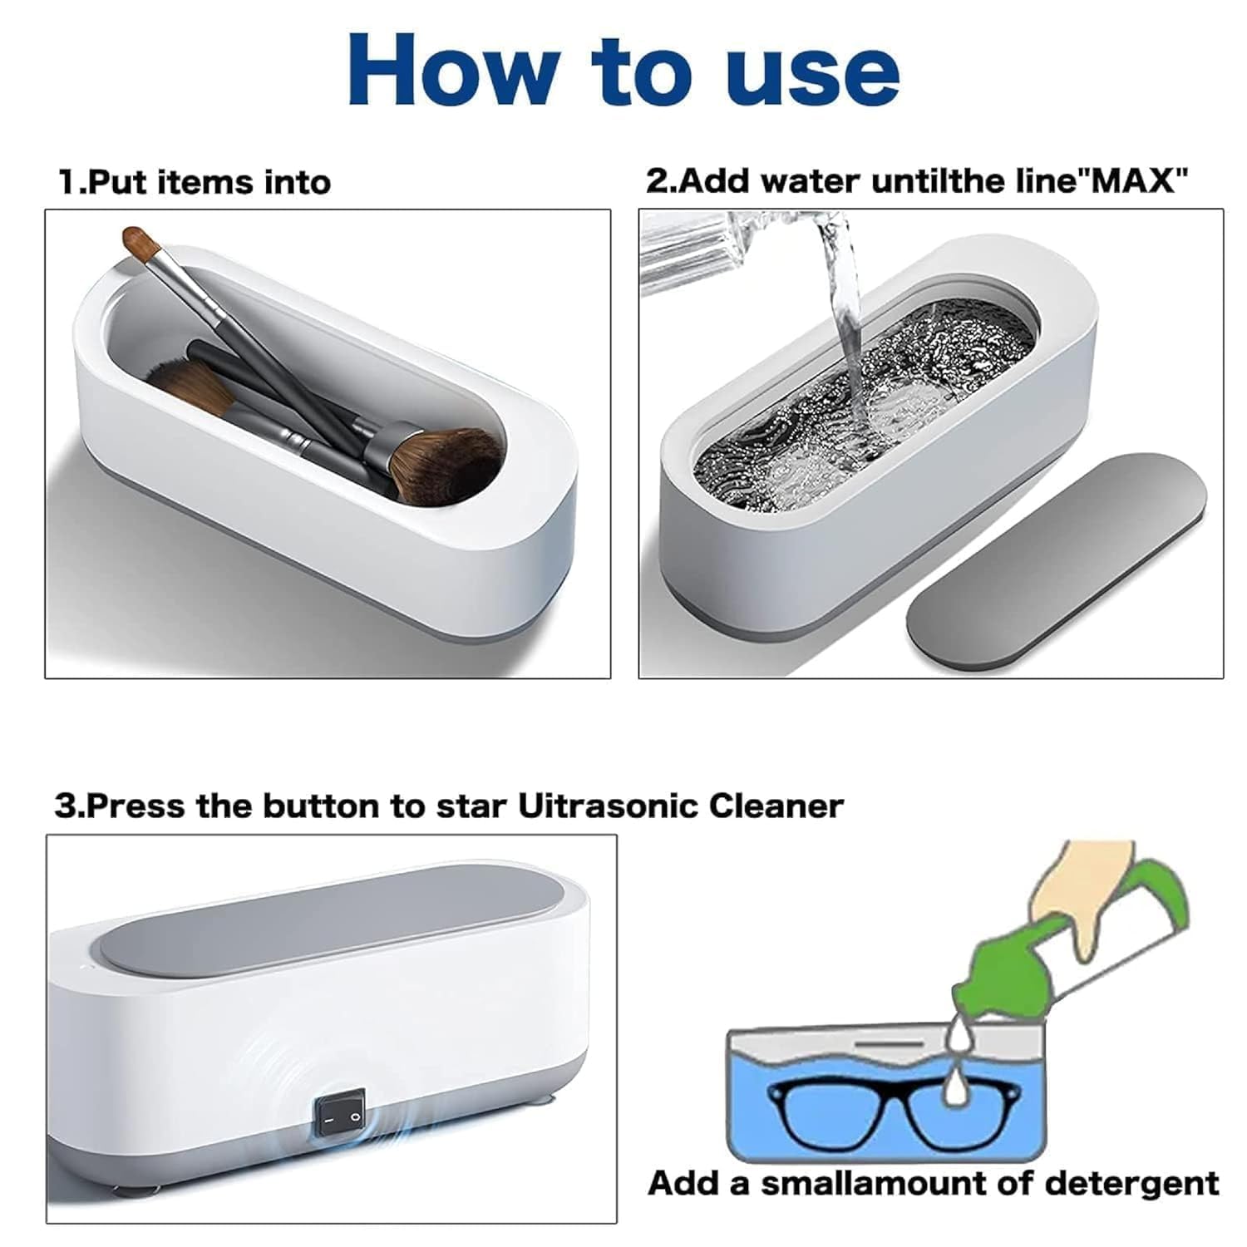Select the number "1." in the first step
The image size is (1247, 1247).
71,182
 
